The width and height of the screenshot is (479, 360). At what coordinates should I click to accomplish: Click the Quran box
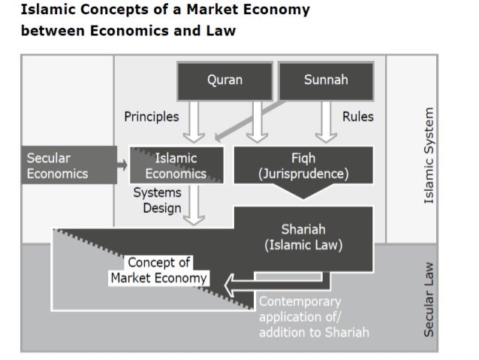pyautogui.click(x=224, y=80)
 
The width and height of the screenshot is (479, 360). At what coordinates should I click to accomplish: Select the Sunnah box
pyautogui.click(x=326, y=80)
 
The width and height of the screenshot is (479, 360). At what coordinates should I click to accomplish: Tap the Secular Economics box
pyautogui.click(x=67, y=165)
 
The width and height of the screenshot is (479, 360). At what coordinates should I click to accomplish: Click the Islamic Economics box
pyautogui.click(x=177, y=165)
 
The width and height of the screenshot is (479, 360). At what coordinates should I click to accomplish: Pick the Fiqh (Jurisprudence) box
pyautogui.click(x=303, y=166)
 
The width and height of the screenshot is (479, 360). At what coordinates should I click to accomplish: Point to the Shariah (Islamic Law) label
pyautogui.click(x=303, y=237)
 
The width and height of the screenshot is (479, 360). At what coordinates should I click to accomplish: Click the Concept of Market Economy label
pyautogui.click(x=159, y=270)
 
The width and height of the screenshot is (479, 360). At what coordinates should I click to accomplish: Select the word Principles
pyautogui.click(x=152, y=116)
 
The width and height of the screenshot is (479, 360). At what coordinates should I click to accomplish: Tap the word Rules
pyautogui.click(x=357, y=116)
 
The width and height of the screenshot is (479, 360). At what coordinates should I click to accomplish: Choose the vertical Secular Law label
pyautogui.click(x=429, y=298)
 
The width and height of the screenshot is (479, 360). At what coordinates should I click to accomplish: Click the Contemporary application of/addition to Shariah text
pyautogui.click(x=314, y=316)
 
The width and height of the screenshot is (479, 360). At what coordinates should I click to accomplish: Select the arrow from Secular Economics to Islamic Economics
pyautogui.click(x=122, y=165)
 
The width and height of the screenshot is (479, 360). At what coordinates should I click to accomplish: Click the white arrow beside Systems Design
pyautogui.click(x=194, y=204)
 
